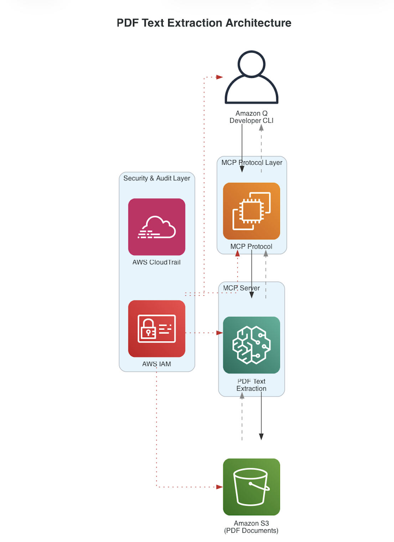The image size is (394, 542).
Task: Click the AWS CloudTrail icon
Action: (156, 227)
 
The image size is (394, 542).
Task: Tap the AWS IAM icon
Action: (156, 328)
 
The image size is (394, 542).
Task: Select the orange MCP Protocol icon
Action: (251, 211)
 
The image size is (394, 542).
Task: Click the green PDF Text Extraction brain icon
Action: (251, 345)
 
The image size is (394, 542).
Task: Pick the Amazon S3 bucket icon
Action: (251, 487)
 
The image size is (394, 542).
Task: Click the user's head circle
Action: (251, 64)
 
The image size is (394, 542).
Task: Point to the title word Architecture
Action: (258, 23)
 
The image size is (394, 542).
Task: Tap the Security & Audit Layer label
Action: (156, 178)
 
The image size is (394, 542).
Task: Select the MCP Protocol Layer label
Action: (252, 163)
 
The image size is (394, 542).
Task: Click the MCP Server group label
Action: (241, 288)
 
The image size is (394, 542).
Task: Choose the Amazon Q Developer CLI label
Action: (251, 117)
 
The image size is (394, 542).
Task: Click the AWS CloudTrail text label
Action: (156, 262)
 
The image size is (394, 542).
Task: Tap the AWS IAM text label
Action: (156, 364)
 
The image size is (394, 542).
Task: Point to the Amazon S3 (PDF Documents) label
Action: (251, 527)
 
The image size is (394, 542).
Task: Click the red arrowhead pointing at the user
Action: (219, 77)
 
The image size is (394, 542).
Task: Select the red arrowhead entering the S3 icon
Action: (219, 487)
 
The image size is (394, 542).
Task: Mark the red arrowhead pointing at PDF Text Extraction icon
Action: (219, 333)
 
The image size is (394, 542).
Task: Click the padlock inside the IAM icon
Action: (148, 328)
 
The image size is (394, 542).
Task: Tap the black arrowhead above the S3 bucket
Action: (261, 437)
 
